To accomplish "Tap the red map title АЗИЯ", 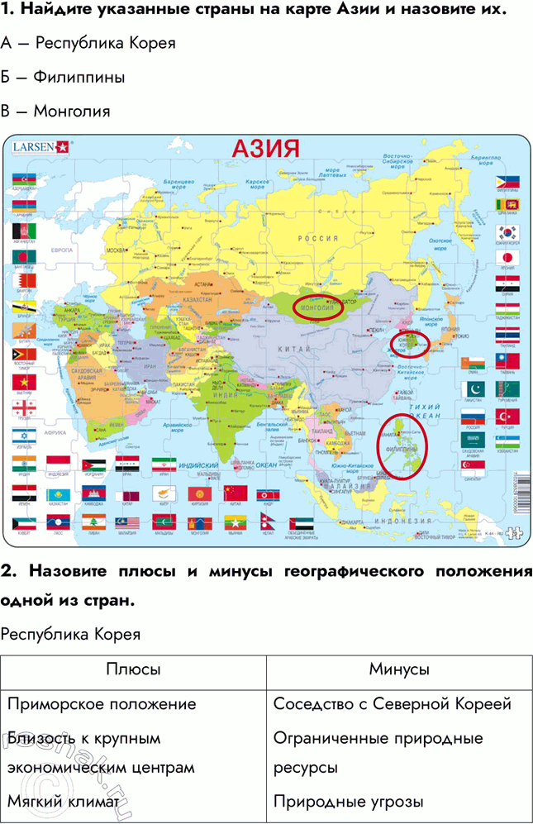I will coord(265,149).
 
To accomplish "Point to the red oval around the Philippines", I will coord(402,443).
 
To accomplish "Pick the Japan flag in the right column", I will coord(506,257).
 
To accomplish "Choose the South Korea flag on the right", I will coord(506,231).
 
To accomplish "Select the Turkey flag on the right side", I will coord(506,415).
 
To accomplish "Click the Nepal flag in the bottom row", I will coord(266,522).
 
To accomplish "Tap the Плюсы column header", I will coord(134,669).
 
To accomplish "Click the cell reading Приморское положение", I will coord(102,704).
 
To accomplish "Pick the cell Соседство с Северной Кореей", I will coord(392,704).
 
